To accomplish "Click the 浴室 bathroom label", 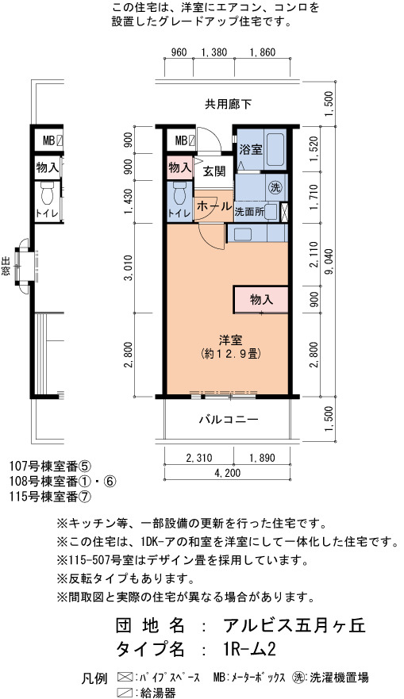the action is pyautogui.click(x=251, y=149).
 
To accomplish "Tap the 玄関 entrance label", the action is pyautogui.click(x=214, y=171).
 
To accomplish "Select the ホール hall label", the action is pyautogui.click(x=214, y=206).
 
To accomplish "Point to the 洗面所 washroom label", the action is pyautogui.click(x=250, y=211).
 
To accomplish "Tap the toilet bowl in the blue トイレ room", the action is pyautogui.click(x=179, y=194).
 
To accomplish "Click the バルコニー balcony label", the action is pyautogui.click(x=229, y=420).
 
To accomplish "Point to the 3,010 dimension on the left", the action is pyautogui.click(x=129, y=269).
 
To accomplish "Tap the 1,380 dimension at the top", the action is pyautogui.click(x=214, y=52).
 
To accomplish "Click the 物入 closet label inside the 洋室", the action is pyautogui.click(x=261, y=300).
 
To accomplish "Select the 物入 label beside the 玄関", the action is pyautogui.click(x=179, y=167).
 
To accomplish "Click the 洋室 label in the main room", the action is pyautogui.click(x=230, y=340).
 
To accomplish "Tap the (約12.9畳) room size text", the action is pyautogui.click(x=230, y=354).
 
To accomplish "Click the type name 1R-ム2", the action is pyautogui.click(x=248, y=649).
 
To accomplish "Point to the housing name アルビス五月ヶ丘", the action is pyautogui.click(x=294, y=625).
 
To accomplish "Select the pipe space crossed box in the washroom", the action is pyautogui.click(x=284, y=211).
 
